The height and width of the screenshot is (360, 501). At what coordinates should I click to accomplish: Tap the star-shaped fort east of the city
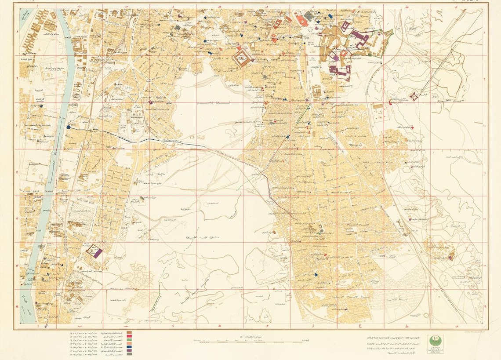pyautogui.click(x=414, y=96)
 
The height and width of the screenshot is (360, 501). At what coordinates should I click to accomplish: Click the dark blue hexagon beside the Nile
pyautogui.click(x=68, y=127)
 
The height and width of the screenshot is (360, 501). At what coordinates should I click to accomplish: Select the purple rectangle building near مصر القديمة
pyautogui.click(x=98, y=253)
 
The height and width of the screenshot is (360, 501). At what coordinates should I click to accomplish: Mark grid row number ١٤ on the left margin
pyautogui.click(x=17, y=306)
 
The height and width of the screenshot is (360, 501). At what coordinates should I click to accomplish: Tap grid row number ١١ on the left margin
pyautogui.click(x=17, y=172)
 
